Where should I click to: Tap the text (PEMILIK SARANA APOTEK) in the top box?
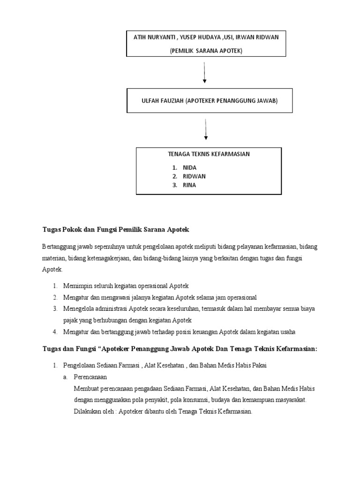pyautogui.click(x=206, y=51)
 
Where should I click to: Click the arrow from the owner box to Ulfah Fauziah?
pyautogui.click(x=204, y=73)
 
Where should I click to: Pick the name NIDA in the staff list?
pyautogui.click(x=190, y=167)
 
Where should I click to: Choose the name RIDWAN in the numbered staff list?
pyautogui.click(x=194, y=176)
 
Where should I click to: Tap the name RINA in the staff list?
pyautogui.click(x=189, y=185)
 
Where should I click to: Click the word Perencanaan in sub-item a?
pyautogui.click(x=91, y=377)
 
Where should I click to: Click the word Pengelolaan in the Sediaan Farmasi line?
pyautogui.click(x=80, y=366)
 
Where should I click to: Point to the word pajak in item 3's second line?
pyautogui.click(x=71, y=321)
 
